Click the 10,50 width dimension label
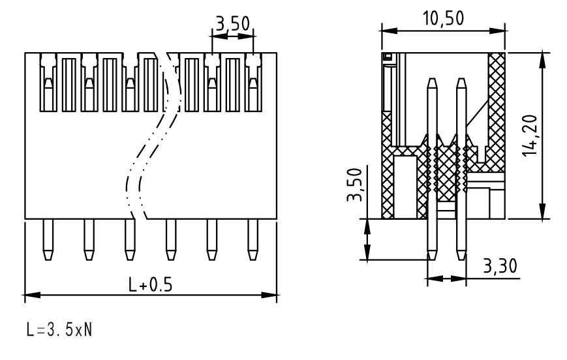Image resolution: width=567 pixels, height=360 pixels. tap(443, 18)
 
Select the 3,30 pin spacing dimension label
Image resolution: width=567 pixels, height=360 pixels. tap(500, 266)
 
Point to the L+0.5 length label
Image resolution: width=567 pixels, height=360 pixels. tap(151, 284)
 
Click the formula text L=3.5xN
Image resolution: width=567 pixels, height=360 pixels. tap(59, 329)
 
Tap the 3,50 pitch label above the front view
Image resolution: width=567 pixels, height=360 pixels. tap(233, 23)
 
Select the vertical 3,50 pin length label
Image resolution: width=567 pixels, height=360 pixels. tap(354, 185)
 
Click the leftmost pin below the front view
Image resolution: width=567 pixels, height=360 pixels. tap(48, 239)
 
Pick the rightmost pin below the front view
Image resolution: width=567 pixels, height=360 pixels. tap(253, 239)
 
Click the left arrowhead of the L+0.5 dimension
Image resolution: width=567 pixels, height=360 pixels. tap(32, 295)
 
